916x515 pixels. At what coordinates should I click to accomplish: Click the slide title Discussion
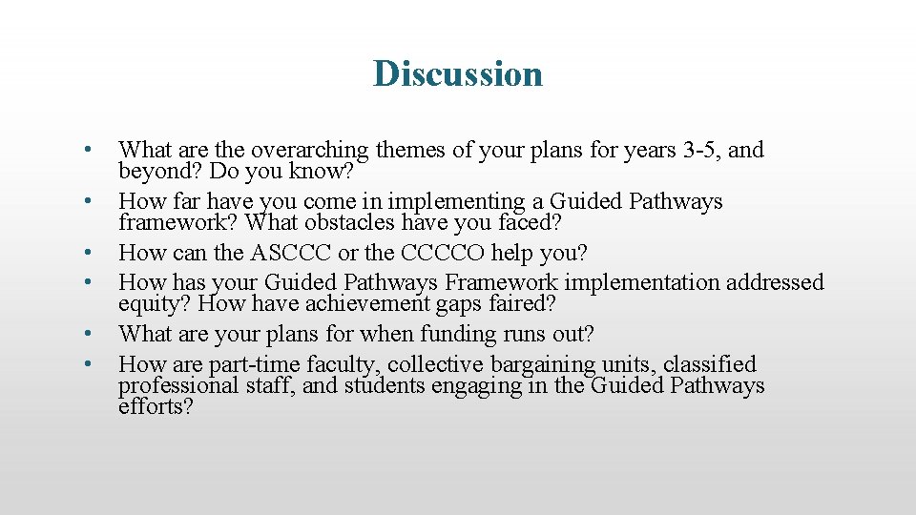(458, 73)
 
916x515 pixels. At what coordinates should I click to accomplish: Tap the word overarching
(310, 151)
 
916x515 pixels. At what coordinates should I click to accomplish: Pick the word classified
(710, 364)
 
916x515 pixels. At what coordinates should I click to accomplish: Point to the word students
(379, 386)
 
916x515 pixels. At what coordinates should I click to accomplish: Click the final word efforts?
(156, 407)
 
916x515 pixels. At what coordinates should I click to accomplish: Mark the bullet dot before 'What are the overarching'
(86, 150)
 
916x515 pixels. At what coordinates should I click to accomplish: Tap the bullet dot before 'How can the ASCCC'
(86, 254)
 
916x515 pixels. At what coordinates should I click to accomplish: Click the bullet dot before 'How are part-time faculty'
(86, 363)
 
